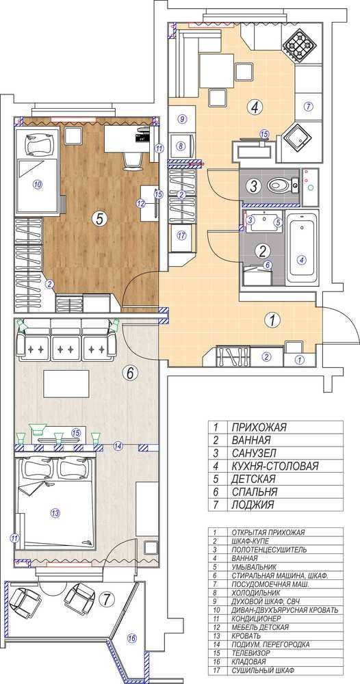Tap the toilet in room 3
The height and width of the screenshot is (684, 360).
[x=280, y=185]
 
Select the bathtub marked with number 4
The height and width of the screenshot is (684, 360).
[x=302, y=249]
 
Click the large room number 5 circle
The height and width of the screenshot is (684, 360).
[x=99, y=220]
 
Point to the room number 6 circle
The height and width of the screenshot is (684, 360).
[x=132, y=373]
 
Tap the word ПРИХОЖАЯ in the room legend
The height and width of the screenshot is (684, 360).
[x=259, y=427]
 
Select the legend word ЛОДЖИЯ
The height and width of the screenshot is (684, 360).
[x=253, y=505]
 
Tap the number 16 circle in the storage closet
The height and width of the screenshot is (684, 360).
[x=131, y=639]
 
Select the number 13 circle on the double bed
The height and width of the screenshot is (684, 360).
[x=55, y=513]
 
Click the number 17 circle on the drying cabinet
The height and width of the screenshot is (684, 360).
[x=182, y=235]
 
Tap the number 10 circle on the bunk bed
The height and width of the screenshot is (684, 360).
[x=37, y=185]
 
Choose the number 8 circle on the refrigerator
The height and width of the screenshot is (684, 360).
[x=181, y=147]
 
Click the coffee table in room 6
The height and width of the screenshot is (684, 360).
[x=66, y=384]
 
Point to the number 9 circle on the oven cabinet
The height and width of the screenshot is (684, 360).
[x=183, y=118]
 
